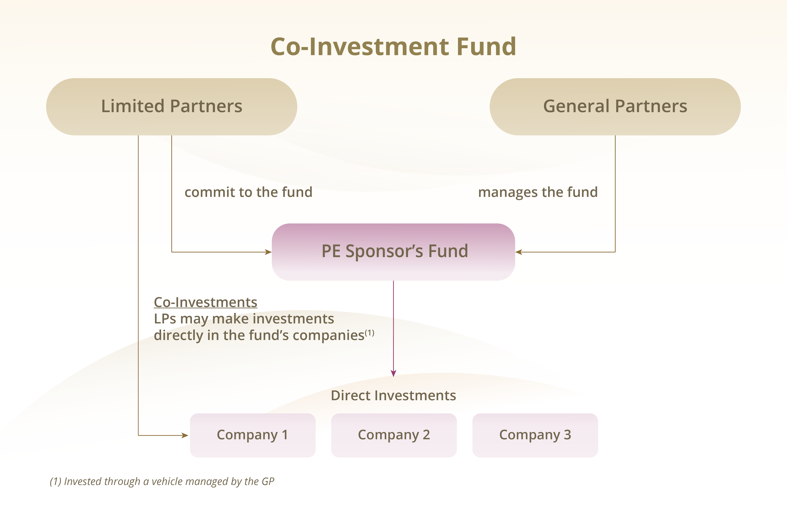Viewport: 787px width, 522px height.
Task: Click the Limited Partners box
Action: coord(171,107)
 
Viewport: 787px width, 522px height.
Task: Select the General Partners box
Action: coord(615,107)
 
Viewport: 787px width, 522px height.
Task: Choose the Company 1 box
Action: coord(253,435)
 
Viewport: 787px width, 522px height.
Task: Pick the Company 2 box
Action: coord(394,435)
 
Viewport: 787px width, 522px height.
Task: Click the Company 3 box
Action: coord(535,435)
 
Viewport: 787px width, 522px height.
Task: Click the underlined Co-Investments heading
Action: coord(205,302)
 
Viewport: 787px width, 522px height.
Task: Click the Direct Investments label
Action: coord(393,395)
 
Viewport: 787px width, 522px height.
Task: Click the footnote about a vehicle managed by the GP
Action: coord(162,481)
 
